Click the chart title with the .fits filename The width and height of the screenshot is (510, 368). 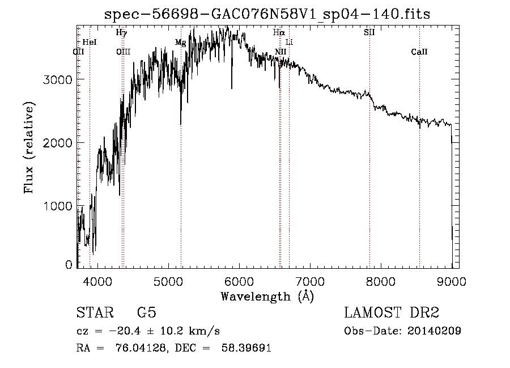tap(267, 14)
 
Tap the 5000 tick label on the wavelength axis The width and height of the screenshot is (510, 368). tap(168, 281)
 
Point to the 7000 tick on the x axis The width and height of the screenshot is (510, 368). tap(309, 281)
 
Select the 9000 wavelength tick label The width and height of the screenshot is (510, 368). tap(452, 281)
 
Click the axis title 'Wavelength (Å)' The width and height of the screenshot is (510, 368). tap(267, 296)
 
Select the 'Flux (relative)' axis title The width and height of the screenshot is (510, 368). tap(29, 147)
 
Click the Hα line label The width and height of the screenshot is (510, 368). tap(278, 33)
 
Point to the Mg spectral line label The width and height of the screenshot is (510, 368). tap(180, 43)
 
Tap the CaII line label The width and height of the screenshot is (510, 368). tap(419, 52)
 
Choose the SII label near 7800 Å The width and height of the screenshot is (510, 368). tap(369, 33)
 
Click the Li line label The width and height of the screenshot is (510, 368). tap(289, 43)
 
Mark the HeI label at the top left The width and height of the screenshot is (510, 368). tap(90, 43)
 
